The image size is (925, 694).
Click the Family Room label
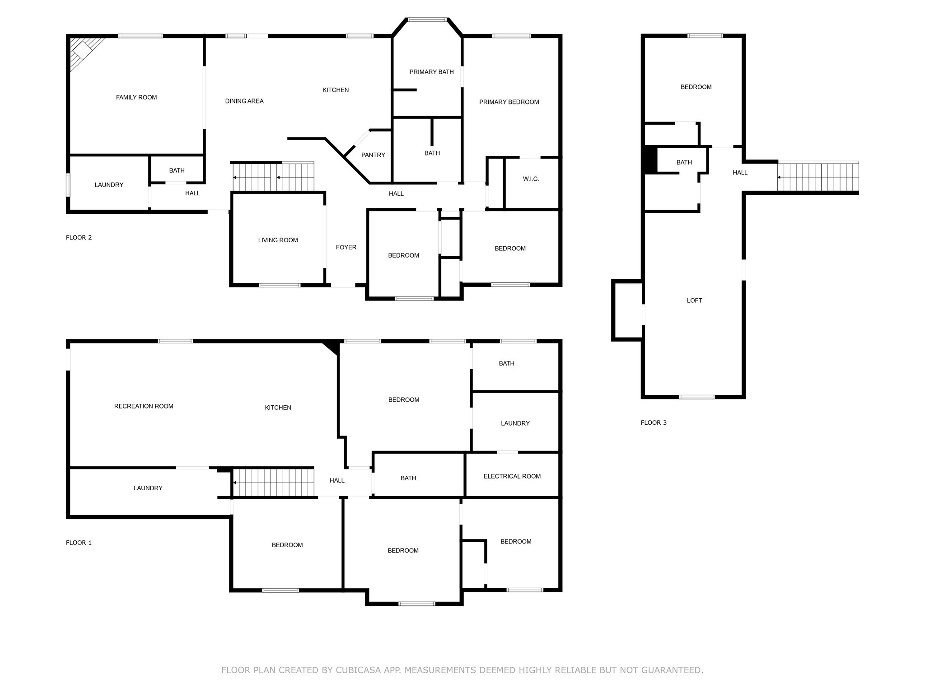tap(136, 97)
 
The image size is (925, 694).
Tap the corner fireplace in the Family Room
tap(84, 51)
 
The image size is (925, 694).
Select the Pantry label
tap(373, 155)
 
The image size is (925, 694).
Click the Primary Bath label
tap(431, 72)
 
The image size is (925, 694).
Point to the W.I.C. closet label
tap(531, 179)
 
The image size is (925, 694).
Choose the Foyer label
tap(346, 247)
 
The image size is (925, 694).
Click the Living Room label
tap(278, 240)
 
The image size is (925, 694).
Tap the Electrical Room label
tap(512, 476)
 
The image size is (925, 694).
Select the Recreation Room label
tap(144, 406)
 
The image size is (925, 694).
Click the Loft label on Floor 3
tap(694, 300)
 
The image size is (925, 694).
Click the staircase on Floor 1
tap(273, 483)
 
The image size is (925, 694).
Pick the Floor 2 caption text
tap(79, 238)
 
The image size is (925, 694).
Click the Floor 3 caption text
tap(654, 422)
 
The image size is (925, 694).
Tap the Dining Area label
tap(244, 101)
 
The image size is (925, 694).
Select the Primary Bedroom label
tap(509, 102)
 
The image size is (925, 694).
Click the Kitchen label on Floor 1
tap(278, 408)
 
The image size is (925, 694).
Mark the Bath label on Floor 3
tap(684, 162)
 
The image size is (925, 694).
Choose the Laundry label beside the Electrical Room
tap(515, 423)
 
